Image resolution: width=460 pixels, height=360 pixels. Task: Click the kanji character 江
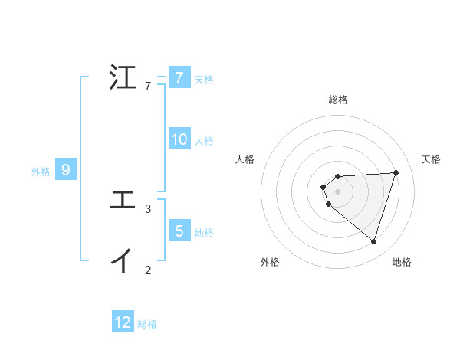123,79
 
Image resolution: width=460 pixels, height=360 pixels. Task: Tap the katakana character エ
123,201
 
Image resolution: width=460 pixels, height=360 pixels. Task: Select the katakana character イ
123,261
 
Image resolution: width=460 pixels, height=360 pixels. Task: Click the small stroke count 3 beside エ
148,208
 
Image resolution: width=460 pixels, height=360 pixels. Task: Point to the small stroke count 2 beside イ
148,270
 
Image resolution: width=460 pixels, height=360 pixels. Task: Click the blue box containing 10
179,139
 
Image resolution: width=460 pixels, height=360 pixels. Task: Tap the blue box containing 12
123,322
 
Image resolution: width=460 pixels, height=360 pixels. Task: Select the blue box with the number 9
66,170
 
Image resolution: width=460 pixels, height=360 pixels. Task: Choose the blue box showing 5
179,231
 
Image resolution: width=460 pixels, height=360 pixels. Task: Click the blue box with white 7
179,77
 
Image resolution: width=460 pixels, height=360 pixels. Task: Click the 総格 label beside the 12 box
147,324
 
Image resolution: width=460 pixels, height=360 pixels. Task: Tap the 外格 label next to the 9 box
41,172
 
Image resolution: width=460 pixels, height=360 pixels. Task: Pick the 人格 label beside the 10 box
204,141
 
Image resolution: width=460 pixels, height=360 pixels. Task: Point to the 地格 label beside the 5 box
204,232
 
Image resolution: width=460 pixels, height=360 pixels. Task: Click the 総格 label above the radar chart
338,100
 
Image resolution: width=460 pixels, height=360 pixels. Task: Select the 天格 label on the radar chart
431,159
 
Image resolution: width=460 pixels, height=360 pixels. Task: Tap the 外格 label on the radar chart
270,262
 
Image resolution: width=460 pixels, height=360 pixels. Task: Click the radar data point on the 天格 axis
396,172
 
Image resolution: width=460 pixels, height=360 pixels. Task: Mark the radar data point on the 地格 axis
373,241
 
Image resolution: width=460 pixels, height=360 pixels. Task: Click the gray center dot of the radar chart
337,191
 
